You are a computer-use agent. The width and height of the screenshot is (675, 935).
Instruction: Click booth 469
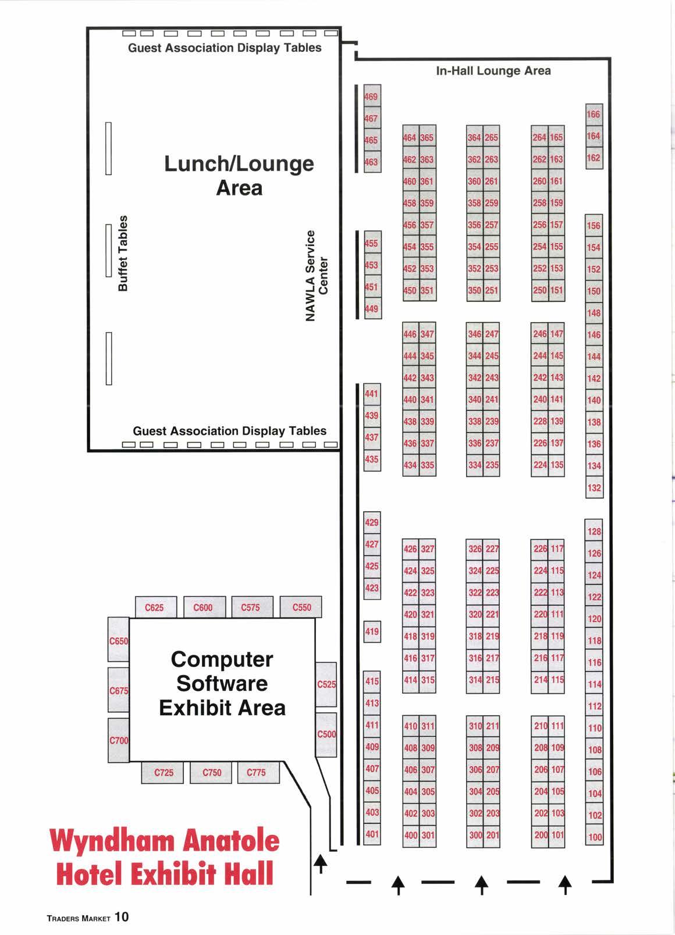371,97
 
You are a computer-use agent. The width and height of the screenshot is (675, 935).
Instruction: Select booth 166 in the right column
594,114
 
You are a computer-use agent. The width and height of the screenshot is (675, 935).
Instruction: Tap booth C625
154,608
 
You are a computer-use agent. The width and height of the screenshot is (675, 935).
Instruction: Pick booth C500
326,734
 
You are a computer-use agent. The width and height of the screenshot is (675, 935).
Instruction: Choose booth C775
256,773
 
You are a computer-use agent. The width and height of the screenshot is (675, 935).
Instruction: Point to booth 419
372,631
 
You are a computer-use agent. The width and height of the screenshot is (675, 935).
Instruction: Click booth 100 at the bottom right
595,837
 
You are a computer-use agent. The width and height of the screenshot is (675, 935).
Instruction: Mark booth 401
372,834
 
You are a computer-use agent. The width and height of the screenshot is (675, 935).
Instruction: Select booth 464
410,138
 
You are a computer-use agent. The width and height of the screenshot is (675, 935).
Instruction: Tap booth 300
475,836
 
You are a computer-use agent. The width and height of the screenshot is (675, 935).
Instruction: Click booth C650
119,641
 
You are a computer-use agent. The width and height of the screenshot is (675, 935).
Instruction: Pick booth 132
594,488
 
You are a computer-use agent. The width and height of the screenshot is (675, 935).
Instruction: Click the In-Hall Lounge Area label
493,71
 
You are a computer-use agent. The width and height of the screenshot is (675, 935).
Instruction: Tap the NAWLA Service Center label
317,275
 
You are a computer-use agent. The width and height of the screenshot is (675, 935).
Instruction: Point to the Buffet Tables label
123,253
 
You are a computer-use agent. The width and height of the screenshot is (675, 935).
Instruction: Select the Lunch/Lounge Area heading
239,176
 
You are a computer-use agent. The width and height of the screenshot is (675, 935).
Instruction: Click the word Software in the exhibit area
222,684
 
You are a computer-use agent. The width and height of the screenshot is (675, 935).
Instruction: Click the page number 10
122,917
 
